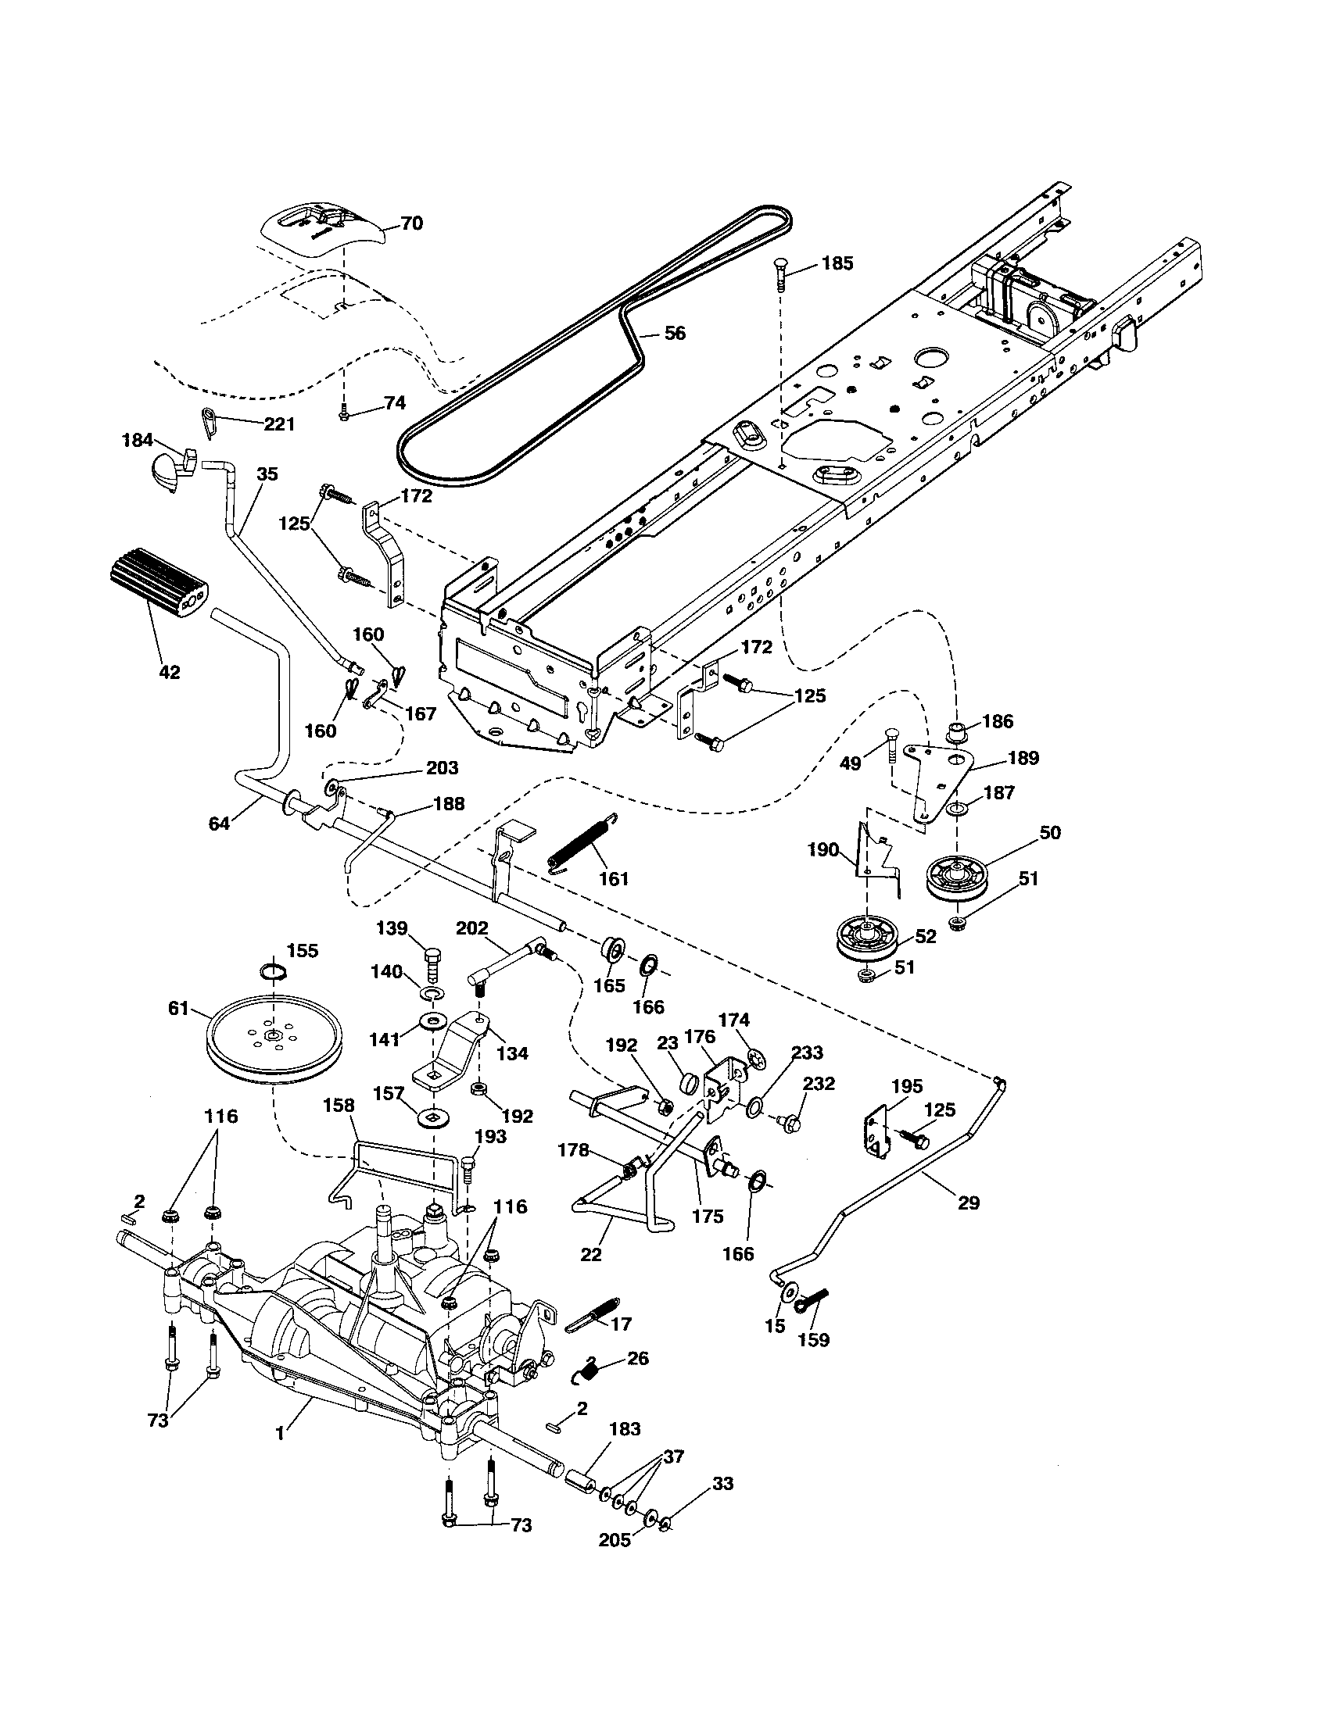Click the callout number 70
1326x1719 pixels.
tap(411, 223)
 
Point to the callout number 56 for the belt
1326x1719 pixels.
tap(675, 333)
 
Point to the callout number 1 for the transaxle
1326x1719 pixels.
tap(280, 1433)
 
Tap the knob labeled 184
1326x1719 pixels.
tap(170, 469)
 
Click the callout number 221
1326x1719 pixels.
tap(279, 424)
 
